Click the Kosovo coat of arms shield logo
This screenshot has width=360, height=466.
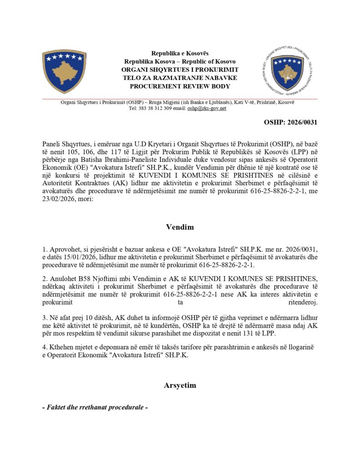(64, 71)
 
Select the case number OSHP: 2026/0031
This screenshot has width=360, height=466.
(290, 122)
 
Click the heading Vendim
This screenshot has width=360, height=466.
(180, 227)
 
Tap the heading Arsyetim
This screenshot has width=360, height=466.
(180, 385)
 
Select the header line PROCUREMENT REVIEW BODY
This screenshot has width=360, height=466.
(180, 86)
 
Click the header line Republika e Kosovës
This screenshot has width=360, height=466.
(180, 53)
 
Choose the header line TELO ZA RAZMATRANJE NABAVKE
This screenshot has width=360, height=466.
(180, 78)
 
